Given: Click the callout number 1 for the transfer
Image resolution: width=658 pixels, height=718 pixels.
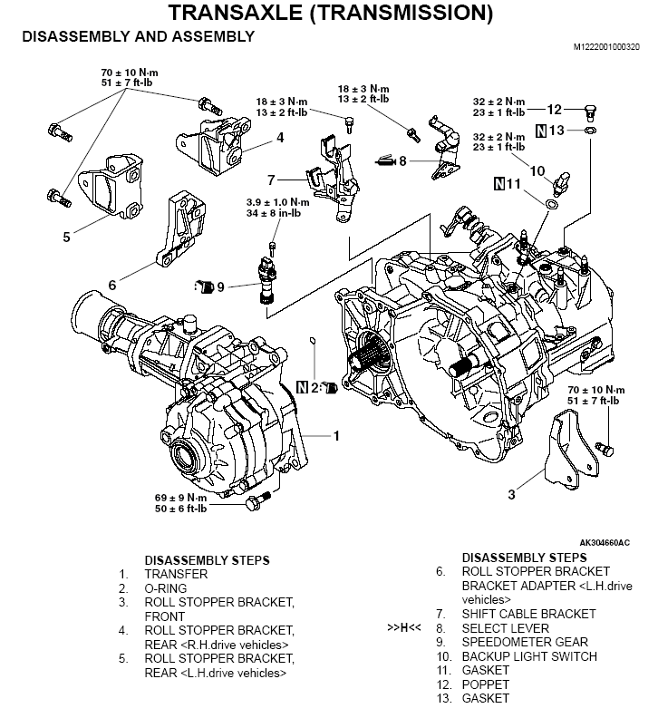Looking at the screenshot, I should tap(335, 436).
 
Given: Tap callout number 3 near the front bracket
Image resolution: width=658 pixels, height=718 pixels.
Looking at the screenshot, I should tap(511, 494).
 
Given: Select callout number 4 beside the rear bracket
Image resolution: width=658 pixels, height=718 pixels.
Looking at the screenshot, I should tap(280, 138).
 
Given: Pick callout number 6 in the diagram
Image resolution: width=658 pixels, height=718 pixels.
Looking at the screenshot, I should tap(111, 285).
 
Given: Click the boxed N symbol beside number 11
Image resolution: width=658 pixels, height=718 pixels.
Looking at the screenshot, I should tap(500, 184).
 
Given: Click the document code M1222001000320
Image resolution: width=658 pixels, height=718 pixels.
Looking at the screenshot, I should tap(605, 45).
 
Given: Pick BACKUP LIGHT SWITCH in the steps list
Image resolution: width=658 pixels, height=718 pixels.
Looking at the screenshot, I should tap(529, 656).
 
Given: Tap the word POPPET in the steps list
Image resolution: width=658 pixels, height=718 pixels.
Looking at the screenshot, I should tap(485, 684).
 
